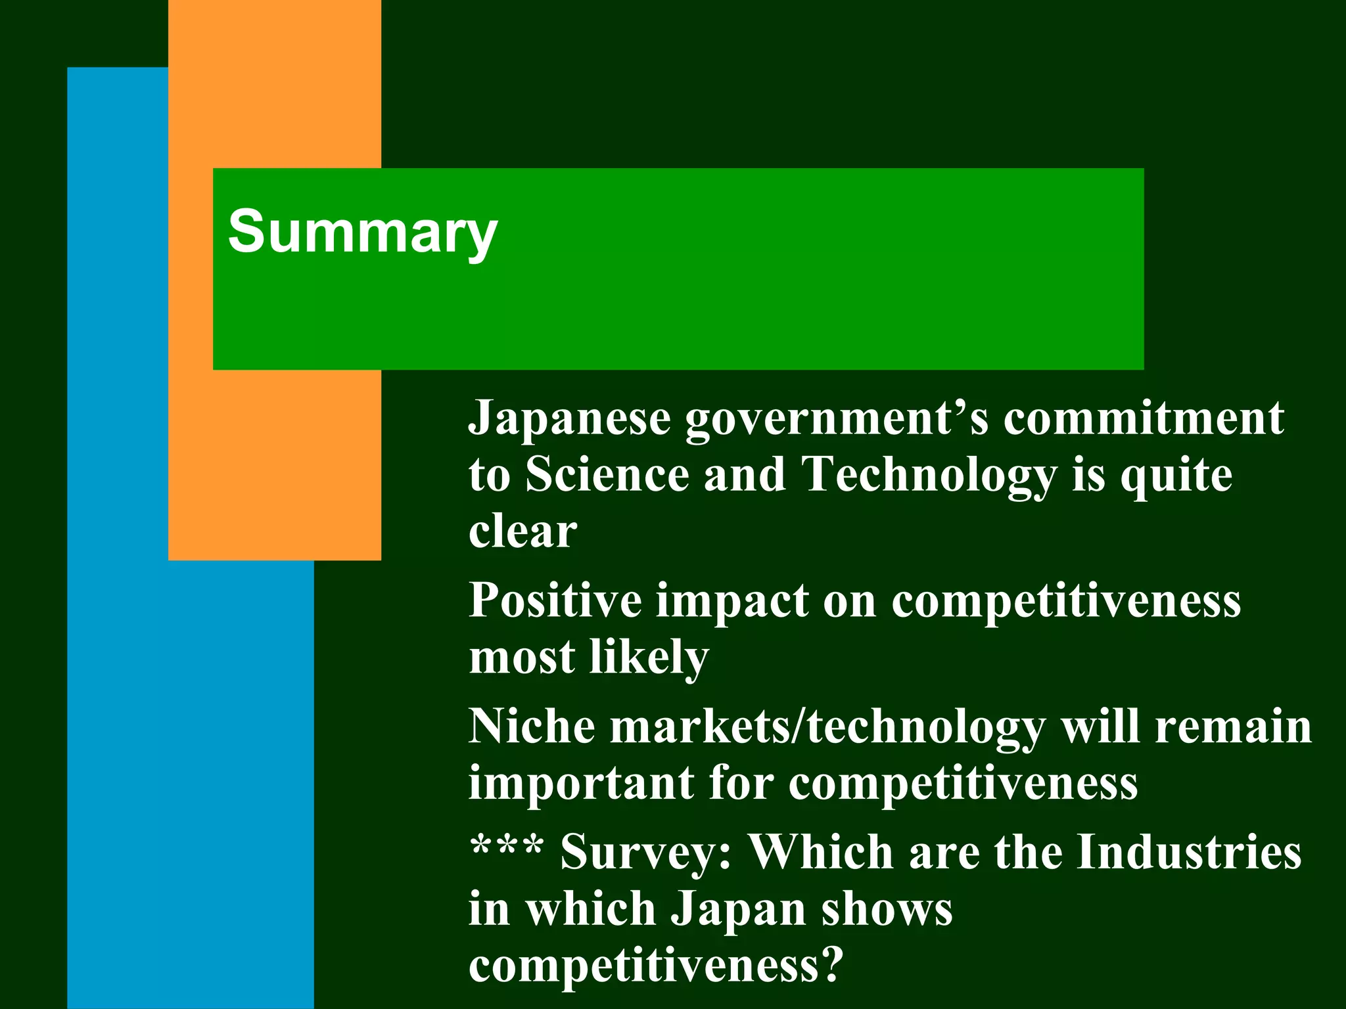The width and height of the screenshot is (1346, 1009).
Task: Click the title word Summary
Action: coord(362,231)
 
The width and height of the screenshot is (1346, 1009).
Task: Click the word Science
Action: coord(607,474)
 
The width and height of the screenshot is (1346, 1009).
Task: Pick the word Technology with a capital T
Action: coord(929,476)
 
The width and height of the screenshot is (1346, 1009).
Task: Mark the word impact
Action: coord(732,602)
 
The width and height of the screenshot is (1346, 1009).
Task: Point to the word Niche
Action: coord(532,727)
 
